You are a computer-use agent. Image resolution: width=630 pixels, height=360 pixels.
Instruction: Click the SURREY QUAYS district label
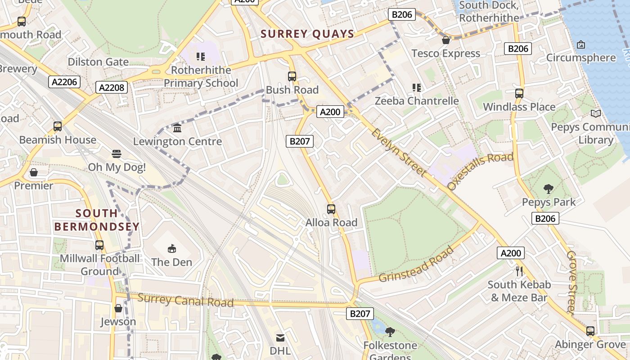pos(308,34)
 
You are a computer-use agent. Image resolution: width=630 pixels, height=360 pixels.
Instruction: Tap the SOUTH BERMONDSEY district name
pos(97,220)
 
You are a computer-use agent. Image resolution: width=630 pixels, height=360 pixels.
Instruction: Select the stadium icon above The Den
pos(171,248)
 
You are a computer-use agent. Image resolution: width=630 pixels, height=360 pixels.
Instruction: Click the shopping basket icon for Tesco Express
pos(446,40)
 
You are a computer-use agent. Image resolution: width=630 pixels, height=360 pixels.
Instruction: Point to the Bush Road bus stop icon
pos(292,76)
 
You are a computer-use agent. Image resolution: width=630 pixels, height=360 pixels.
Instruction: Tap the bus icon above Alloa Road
pos(331,209)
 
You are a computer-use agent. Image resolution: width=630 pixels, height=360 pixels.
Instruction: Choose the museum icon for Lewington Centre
pos(177,128)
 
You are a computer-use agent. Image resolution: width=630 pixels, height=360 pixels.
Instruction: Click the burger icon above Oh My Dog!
pos(117,154)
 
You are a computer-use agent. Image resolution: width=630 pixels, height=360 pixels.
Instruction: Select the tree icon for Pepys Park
pos(548,189)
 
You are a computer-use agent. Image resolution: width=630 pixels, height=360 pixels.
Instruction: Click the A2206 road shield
pos(64,82)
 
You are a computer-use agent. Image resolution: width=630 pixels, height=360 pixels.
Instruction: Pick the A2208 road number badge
pos(112,87)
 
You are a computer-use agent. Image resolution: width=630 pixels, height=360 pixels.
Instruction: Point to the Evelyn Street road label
pos(399,153)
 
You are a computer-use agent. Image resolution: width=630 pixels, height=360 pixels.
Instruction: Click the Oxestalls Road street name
pos(480,171)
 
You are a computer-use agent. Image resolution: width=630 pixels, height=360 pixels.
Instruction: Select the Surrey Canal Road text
pos(185,300)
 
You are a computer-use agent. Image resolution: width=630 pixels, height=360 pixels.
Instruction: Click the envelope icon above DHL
pos(280,337)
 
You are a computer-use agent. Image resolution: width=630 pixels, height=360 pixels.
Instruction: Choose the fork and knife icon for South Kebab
pos(519,271)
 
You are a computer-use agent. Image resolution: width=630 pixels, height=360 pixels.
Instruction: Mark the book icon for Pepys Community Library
pos(596,114)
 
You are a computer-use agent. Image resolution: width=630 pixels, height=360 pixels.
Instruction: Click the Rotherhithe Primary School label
pos(201,76)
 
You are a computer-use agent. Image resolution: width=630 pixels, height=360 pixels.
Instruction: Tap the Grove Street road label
pos(571,282)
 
